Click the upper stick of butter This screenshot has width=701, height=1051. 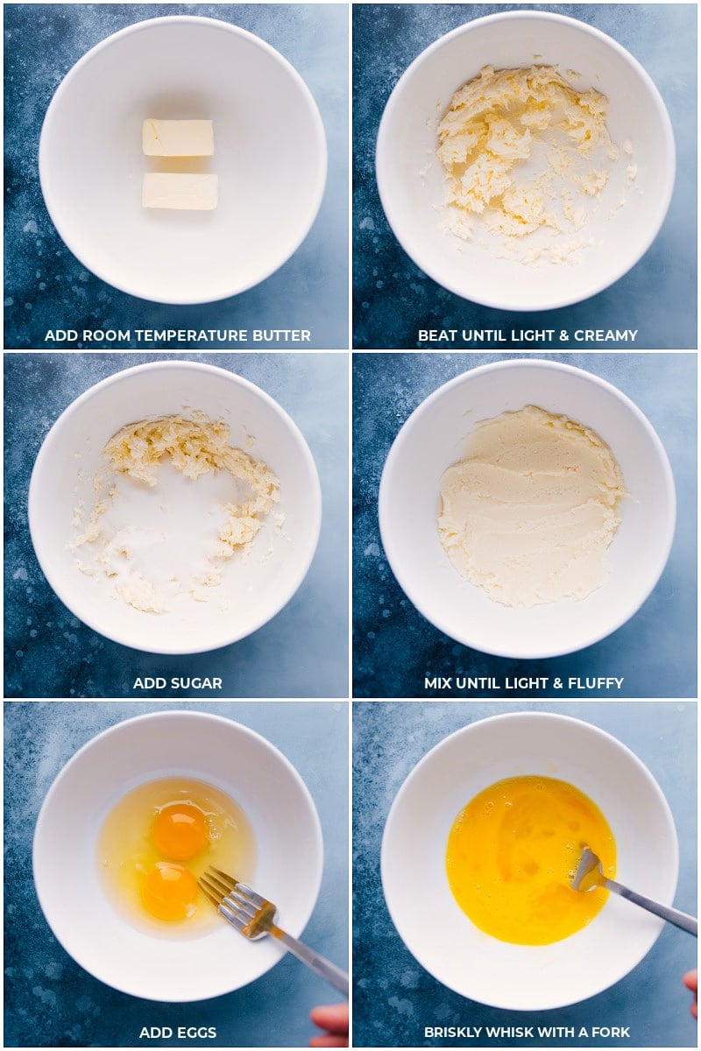click(178, 138)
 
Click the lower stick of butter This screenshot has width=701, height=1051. click(180, 191)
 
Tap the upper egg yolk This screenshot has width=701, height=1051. click(181, 830)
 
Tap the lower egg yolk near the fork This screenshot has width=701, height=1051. click(169, 891)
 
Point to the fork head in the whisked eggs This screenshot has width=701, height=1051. click(588, 872)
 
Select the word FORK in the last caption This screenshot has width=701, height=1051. click(611, 1033)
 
